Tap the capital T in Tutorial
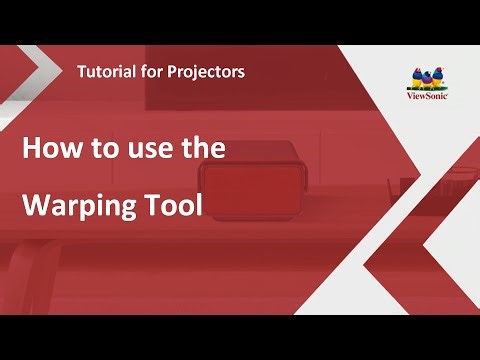tap(81, 72)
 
